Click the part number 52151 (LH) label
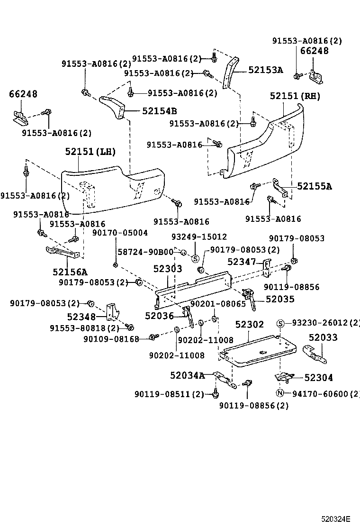coord(90,152)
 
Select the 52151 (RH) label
coord(295,96)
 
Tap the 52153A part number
coord(265,70)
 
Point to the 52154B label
coord(159,111)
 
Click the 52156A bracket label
coord(70,272)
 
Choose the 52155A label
coord(315,186)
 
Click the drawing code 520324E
coord(337,518)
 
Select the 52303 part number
coord(167,269)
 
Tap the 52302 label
coord(250,325)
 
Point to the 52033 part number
coord(323,337)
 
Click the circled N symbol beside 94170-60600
coord(280,393)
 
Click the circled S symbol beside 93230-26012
coord(280,323)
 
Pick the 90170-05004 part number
coord(120,233)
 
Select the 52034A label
coord(187,376)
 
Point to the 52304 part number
coord(318,378)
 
